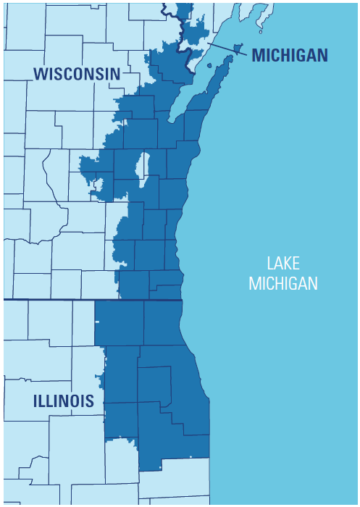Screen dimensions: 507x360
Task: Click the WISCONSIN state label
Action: pos(76,73)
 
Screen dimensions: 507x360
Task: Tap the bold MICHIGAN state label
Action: pos(290,55)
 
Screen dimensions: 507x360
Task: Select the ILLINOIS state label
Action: pos(62,401)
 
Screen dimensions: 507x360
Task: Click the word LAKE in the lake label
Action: pos(282,264)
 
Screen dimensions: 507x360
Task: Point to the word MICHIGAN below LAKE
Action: pos(282,283)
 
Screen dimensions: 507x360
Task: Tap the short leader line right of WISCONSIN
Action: pos(131,73)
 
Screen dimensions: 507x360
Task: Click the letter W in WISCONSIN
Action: pos(41,73)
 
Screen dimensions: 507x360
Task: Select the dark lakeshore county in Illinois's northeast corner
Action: pos(163,322)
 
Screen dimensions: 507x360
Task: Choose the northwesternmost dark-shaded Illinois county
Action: pos(119,322)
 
